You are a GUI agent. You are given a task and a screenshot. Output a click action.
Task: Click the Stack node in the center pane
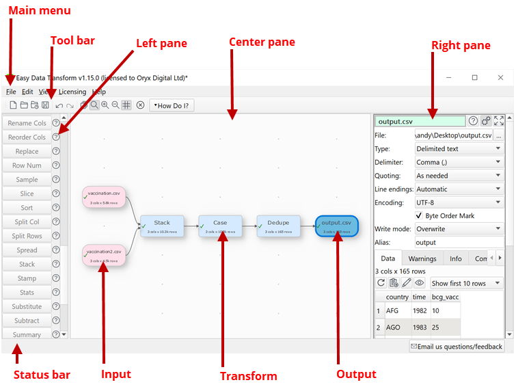(x=162, y=226)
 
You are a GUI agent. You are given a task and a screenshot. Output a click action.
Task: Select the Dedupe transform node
(x=278, y=226)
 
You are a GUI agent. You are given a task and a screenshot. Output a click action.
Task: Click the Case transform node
(x=220, y=226)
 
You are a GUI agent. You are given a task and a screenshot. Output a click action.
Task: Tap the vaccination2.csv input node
(x=105, y=254)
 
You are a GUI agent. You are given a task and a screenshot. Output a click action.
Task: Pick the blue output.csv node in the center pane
(x=336, y=226)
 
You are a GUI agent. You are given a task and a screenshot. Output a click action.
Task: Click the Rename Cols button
(x=27, y=123)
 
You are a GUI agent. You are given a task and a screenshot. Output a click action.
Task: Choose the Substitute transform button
(x=27, y=306)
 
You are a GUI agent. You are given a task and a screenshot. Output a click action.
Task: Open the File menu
(x=11, y=92)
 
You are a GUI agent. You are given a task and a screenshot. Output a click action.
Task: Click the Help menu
(x=99, y=92)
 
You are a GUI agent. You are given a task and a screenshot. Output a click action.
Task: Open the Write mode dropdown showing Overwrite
(x=459, y=229)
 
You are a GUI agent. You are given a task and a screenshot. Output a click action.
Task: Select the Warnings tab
(x=422, y=259)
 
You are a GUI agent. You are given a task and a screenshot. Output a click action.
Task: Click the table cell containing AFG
(x=392, y=310)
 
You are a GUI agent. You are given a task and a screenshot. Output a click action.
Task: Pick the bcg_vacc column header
(x=446, y=297)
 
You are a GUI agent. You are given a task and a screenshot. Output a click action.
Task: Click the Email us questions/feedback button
(x=457, y=347)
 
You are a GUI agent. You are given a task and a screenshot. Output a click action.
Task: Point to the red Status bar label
(x=42, y=375)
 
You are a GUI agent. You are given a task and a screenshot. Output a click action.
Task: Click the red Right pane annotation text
(x=461, y=46)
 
